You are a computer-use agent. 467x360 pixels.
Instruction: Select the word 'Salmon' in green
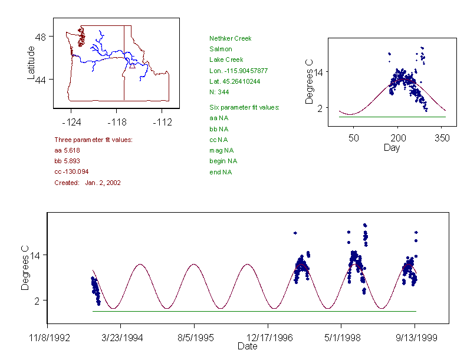click(x=221, y=49)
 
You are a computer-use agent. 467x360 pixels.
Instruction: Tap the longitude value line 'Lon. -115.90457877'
click(x=238, y=71)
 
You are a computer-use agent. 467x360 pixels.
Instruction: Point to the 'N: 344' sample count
click(x=219, y=92)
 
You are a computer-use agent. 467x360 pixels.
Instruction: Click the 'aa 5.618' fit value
click(x=67, y=150)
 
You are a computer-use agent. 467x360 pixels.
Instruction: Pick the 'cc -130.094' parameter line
click(x=71, y=171)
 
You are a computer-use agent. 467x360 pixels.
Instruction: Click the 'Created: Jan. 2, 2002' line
click(x=87, y=183)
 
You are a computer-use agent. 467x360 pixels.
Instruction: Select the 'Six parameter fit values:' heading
click(x=244, y=107)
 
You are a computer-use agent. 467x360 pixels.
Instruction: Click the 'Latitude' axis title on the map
click(x=31, y=62)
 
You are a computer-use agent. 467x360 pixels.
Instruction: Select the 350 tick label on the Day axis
click(x=442, y=137)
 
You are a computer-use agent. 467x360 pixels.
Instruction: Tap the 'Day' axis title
click(x=392, y=147)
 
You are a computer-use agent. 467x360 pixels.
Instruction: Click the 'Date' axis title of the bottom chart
click(x=247, y=346)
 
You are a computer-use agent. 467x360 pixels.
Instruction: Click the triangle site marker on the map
click(x=133, y=66)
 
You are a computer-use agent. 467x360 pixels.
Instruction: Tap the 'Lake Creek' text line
click(x=226, y=60)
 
